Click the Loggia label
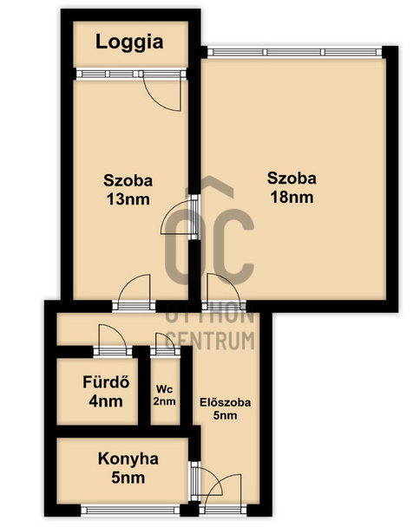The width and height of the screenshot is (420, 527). click(x=129, y=42)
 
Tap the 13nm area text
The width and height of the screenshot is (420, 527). click(x=128, y=199)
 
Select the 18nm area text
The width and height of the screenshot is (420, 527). click(x=292, y=198)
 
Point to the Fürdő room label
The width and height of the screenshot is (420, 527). click(x=106, y=382)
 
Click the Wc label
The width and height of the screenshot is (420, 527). click(x=165, y=389)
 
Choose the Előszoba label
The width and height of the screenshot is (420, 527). click(x=225, y=402)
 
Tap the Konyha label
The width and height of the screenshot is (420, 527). click(x=128, y=459)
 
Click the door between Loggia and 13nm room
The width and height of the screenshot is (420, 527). click(x=162, y=91)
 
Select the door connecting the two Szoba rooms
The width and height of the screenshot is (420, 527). click(x=180, y=218)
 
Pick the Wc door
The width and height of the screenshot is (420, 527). click(x=165, y=343)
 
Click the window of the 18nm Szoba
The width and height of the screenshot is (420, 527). click(x=295, y=52)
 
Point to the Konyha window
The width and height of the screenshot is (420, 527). click(x=130, y=511)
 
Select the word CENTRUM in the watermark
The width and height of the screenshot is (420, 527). click(x=210, y=340)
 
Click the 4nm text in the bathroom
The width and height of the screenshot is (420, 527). click(x=106, y=401)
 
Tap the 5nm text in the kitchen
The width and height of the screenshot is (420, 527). click(x=128, y=478)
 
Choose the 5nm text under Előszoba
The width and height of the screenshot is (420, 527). click(x=225, y=415)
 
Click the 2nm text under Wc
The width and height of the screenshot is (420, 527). click(x=165, y=401)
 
